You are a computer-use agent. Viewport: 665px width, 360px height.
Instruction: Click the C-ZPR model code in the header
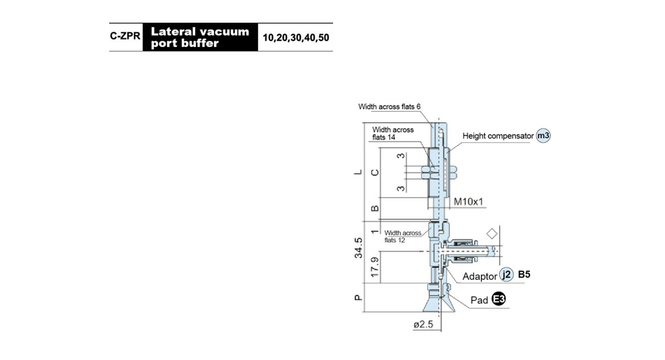point(125,36)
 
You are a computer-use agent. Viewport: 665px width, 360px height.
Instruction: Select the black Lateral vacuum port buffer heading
point(200,37)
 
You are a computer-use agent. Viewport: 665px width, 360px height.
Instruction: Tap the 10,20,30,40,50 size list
point(296,38)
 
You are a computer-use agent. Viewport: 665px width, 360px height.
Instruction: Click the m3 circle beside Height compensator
point(543,136)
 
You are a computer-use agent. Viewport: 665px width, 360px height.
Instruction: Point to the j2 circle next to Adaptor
point(507,275)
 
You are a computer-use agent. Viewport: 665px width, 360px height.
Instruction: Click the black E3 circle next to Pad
point(498,299)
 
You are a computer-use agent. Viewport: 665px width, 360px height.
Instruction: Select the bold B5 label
point(524,275)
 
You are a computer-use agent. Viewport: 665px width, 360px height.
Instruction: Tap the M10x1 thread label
point(468,202)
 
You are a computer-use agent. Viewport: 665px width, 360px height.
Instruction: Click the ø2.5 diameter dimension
point(423,325)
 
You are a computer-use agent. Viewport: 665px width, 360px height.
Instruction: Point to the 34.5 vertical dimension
point(359,248)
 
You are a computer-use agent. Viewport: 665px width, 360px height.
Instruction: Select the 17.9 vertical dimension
point(375,267)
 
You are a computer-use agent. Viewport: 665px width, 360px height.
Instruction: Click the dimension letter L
point(359,172)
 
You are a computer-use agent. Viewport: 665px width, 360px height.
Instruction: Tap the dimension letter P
point(359,297)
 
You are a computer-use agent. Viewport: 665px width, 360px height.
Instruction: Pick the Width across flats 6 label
point(389,106)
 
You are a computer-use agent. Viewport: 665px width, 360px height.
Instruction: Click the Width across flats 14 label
point(393,133)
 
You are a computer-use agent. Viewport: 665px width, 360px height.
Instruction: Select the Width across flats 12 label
point(402,236)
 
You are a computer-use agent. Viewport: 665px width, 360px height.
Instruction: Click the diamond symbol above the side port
point(492,234)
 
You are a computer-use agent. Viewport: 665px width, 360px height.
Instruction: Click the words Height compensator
point(498,136)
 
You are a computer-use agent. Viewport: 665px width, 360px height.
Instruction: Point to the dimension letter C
point(375,172)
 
